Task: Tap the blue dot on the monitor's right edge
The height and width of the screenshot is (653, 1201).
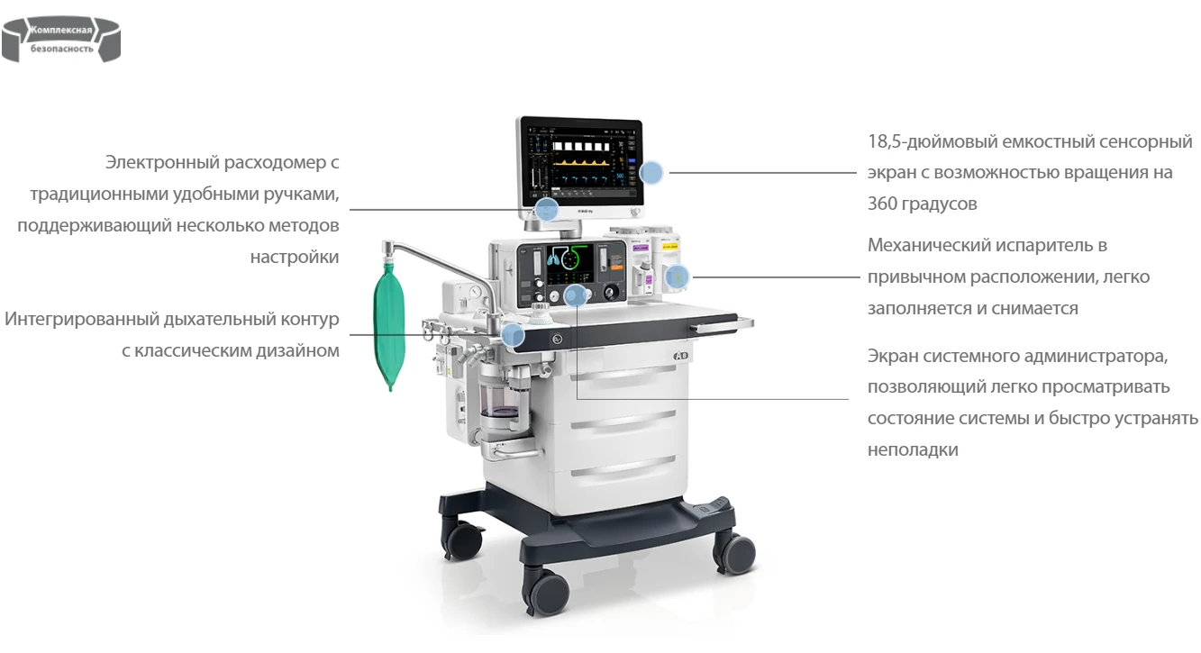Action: [x=651, y=173]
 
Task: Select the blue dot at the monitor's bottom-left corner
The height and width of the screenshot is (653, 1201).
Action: [x=546, y=209]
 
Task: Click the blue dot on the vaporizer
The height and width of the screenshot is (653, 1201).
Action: [x=677, y=277]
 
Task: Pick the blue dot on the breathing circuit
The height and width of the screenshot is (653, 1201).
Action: [x=514, y=335]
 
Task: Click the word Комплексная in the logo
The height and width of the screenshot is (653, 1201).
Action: [x=61, y=30]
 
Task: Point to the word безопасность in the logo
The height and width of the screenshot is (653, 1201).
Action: [x=61, y=49]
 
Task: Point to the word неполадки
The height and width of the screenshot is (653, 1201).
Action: [x=913, y=449]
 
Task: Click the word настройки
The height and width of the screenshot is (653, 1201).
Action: [x=295, y=258]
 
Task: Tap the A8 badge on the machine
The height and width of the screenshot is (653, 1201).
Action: [x=680, y=356]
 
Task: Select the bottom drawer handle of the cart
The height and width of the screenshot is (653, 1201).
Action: [x=623, y=466]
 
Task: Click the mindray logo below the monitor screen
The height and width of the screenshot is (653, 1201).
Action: [x=585, y=212]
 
